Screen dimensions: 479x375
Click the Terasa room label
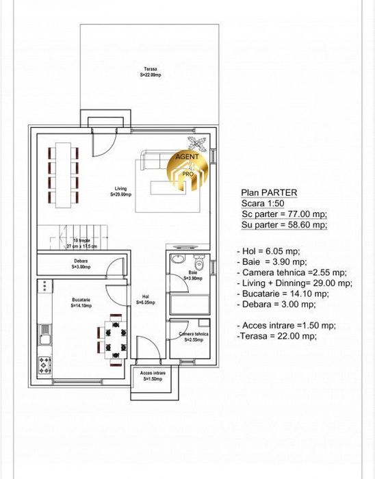tap(151, 71)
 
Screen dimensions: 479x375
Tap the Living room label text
tap(120, 192)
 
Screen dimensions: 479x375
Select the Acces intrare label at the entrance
tap(154, 376)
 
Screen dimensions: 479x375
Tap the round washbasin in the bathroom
tap(178, 259)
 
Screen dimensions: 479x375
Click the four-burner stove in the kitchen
tap(44, 365)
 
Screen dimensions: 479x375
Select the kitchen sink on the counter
tap(44, 335)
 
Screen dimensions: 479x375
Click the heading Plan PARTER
tap(268, 193)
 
